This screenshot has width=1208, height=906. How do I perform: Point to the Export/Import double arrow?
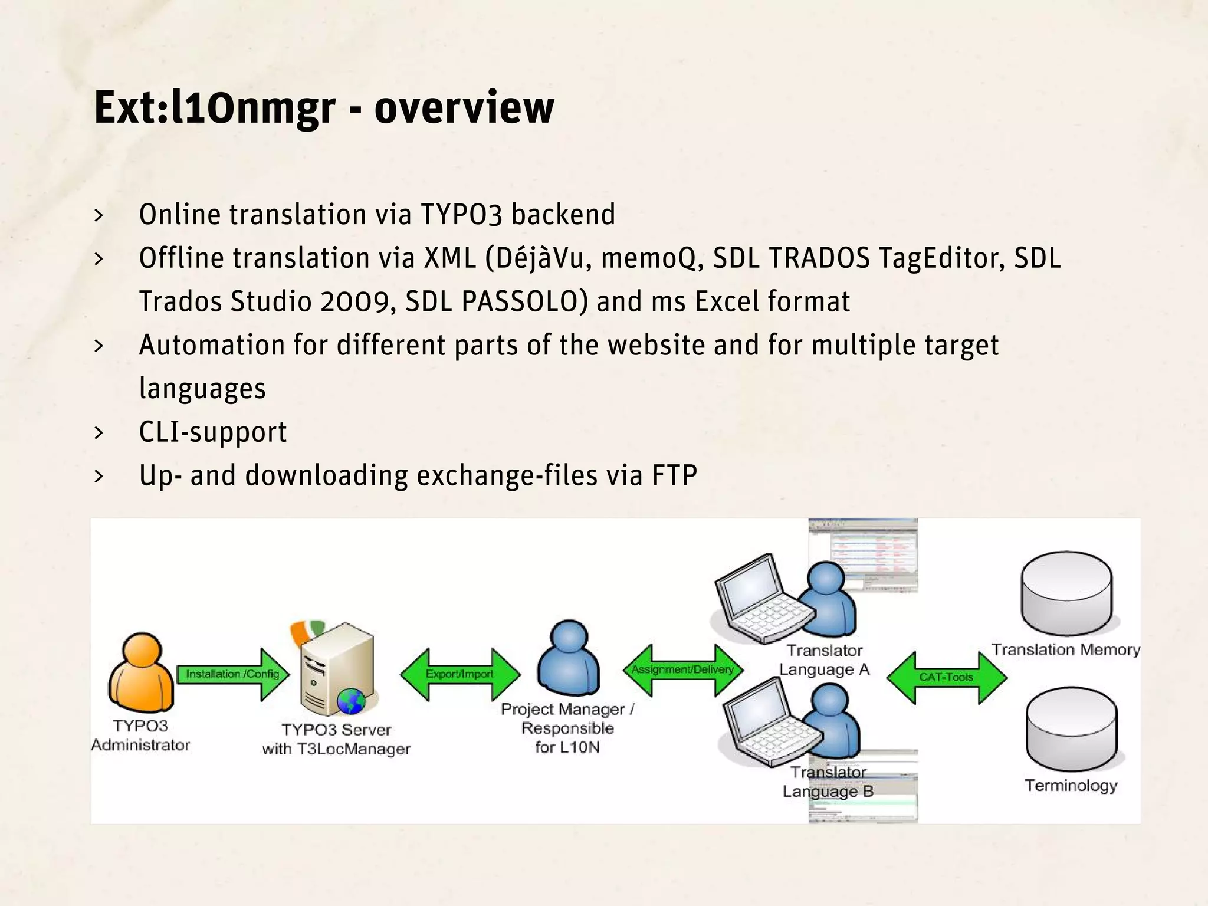[x=459, y=674]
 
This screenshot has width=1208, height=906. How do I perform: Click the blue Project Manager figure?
[x=568, y=659]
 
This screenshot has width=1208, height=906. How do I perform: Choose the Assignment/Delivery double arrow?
[x=682, y=669]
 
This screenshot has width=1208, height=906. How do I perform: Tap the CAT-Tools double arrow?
[x=946, y=677]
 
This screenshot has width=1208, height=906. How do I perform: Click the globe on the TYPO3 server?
[x=351, y=701]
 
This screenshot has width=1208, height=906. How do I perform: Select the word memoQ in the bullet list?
[x=652, y=258]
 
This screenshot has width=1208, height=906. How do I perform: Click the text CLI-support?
[x=213, y=432]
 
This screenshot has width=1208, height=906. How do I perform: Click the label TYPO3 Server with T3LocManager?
[x=336, y=739]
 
